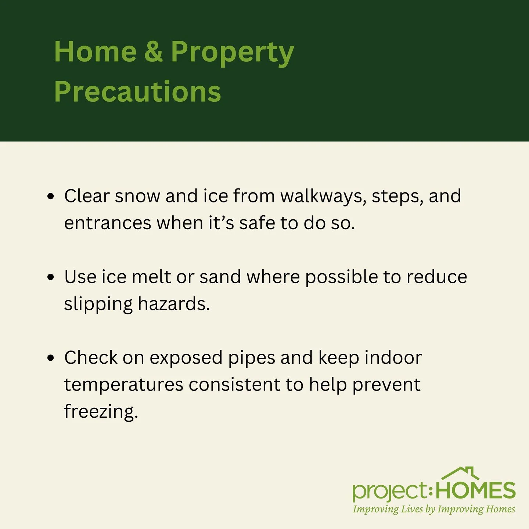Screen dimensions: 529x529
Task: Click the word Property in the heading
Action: [x=232, y=53]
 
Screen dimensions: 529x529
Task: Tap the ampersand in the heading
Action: [x=153, y=52]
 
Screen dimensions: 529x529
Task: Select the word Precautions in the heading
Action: [x=137, y=91]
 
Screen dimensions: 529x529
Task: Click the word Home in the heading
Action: [x=95, y=52]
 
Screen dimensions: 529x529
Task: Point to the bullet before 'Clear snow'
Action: [x=51, y=196]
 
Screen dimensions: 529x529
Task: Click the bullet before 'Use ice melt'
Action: [x=51, y=277]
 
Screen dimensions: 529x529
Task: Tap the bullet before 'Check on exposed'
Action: [x=51, y=358]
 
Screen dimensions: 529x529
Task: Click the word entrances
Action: [x=108, y=223]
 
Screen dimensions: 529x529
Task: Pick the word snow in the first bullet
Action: [x=137, y=196]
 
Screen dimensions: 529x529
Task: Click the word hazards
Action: [x=174, y=304]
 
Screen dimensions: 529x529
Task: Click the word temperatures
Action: [x=123, y=385]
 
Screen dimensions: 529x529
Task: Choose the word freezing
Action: [x=101, y=412]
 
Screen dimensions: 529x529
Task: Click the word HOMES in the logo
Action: [x=476, y=490]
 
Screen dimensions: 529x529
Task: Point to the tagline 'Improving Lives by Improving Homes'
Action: [x=434, y=510]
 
